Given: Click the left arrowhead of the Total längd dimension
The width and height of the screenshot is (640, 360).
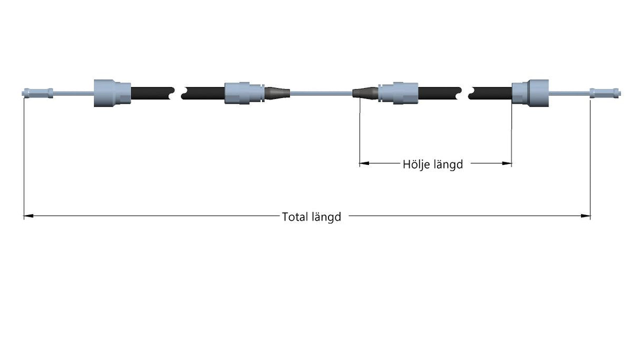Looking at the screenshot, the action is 28,216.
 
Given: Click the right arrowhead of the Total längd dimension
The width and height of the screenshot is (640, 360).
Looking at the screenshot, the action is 586,216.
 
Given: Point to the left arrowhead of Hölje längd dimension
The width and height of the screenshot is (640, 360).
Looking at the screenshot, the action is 364,163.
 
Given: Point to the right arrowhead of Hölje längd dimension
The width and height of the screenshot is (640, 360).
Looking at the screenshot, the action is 507,163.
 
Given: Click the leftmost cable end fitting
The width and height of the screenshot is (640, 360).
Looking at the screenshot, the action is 37,93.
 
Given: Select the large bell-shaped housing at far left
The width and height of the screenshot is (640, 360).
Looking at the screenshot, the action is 113,93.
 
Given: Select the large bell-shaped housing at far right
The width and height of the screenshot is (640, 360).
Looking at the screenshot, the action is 530,93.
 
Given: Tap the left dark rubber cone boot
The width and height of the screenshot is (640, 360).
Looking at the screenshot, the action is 277,93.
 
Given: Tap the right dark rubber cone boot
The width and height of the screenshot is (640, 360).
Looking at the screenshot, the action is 365,93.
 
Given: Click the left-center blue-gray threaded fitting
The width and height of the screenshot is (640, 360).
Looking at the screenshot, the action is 245,93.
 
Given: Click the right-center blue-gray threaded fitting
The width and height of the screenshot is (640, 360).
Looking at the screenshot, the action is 398,93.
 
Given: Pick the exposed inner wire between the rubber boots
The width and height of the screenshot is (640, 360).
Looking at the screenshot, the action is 322,93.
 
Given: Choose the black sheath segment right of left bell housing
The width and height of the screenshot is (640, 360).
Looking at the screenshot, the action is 152,93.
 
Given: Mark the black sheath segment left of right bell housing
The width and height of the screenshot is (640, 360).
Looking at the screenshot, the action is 490,93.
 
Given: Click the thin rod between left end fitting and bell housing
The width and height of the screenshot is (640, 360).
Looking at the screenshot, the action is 73,93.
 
